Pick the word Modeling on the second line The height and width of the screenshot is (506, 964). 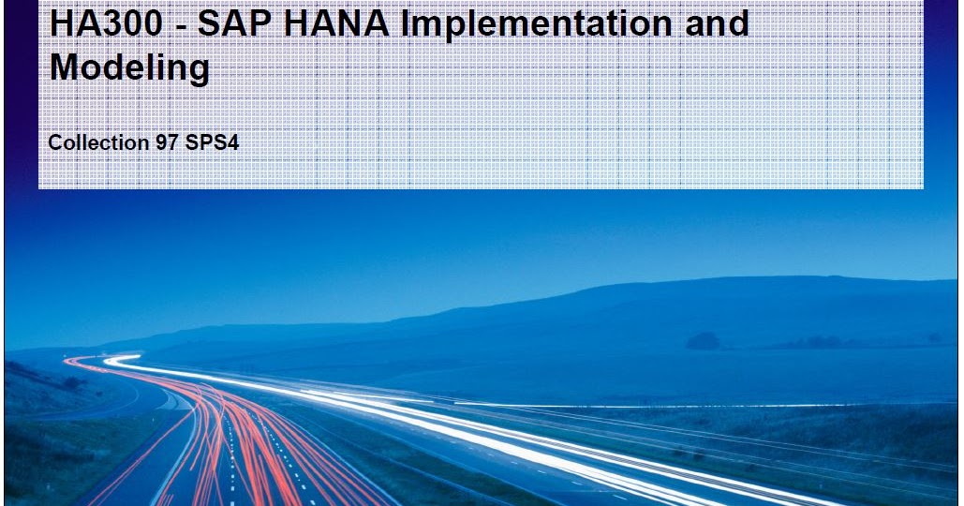pos(129,68)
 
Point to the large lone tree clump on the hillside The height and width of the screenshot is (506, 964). pos(704,341)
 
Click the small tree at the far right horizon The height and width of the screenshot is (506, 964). pos(934,337)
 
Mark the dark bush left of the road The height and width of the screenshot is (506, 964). pos(70,383)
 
